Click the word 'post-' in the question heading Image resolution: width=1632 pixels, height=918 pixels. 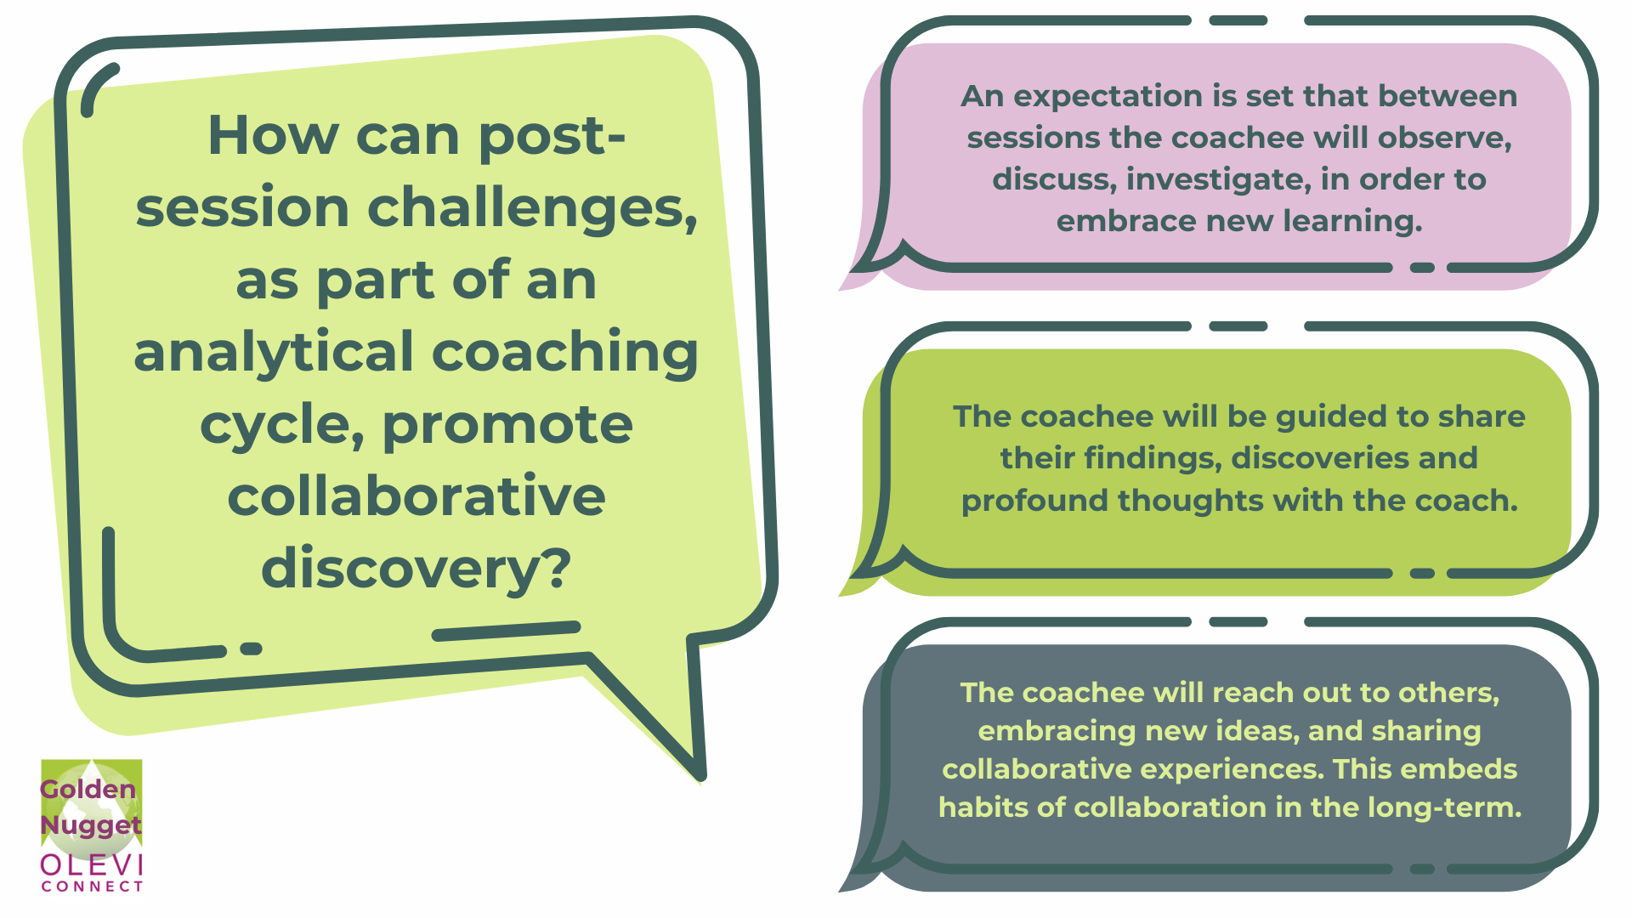tap(552, 137)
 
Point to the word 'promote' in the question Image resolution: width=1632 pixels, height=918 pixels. tap(507, 425)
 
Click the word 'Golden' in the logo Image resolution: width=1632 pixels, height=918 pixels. tap(88, 789)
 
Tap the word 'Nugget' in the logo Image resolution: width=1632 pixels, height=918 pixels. tap(91, 825)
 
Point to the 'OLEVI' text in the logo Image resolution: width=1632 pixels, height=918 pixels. tap(92, 865)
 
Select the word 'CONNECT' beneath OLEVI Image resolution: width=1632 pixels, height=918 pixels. tap(92, 887)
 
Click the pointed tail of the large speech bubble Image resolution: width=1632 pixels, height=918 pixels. tap(700, 774)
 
